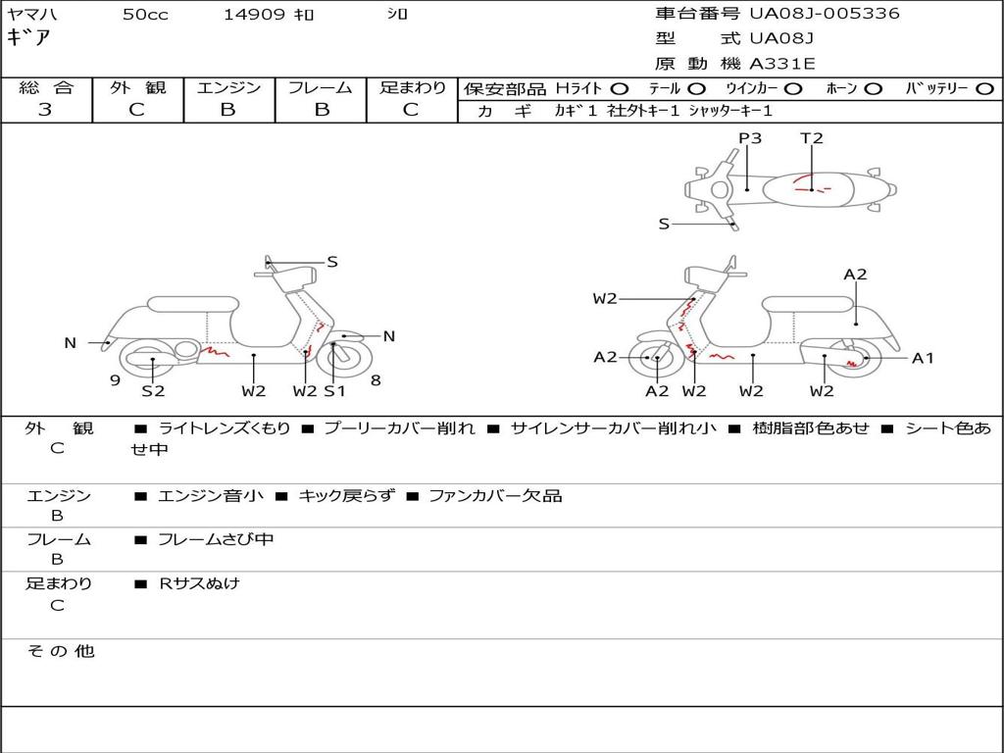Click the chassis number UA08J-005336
pos(825,14)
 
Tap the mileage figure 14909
pos(254,14)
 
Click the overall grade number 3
pos(45,110)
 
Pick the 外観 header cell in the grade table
pos(137,87)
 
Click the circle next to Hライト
pos(620,89)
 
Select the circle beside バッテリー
pos(985,89)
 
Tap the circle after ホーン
pos(874,89)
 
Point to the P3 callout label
pos(750,137)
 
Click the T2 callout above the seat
pos(811,137)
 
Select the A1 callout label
pos(923,358)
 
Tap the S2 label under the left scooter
pos(153,390)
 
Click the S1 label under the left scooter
pos(334,390)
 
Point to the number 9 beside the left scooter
pos(116,380)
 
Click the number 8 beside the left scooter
pos(376,380)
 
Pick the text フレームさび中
pos(216,540)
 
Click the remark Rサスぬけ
pos(199,583)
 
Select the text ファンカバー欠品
pos(495,495)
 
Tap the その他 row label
pos(61,651)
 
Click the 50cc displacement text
pos(145,14)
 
